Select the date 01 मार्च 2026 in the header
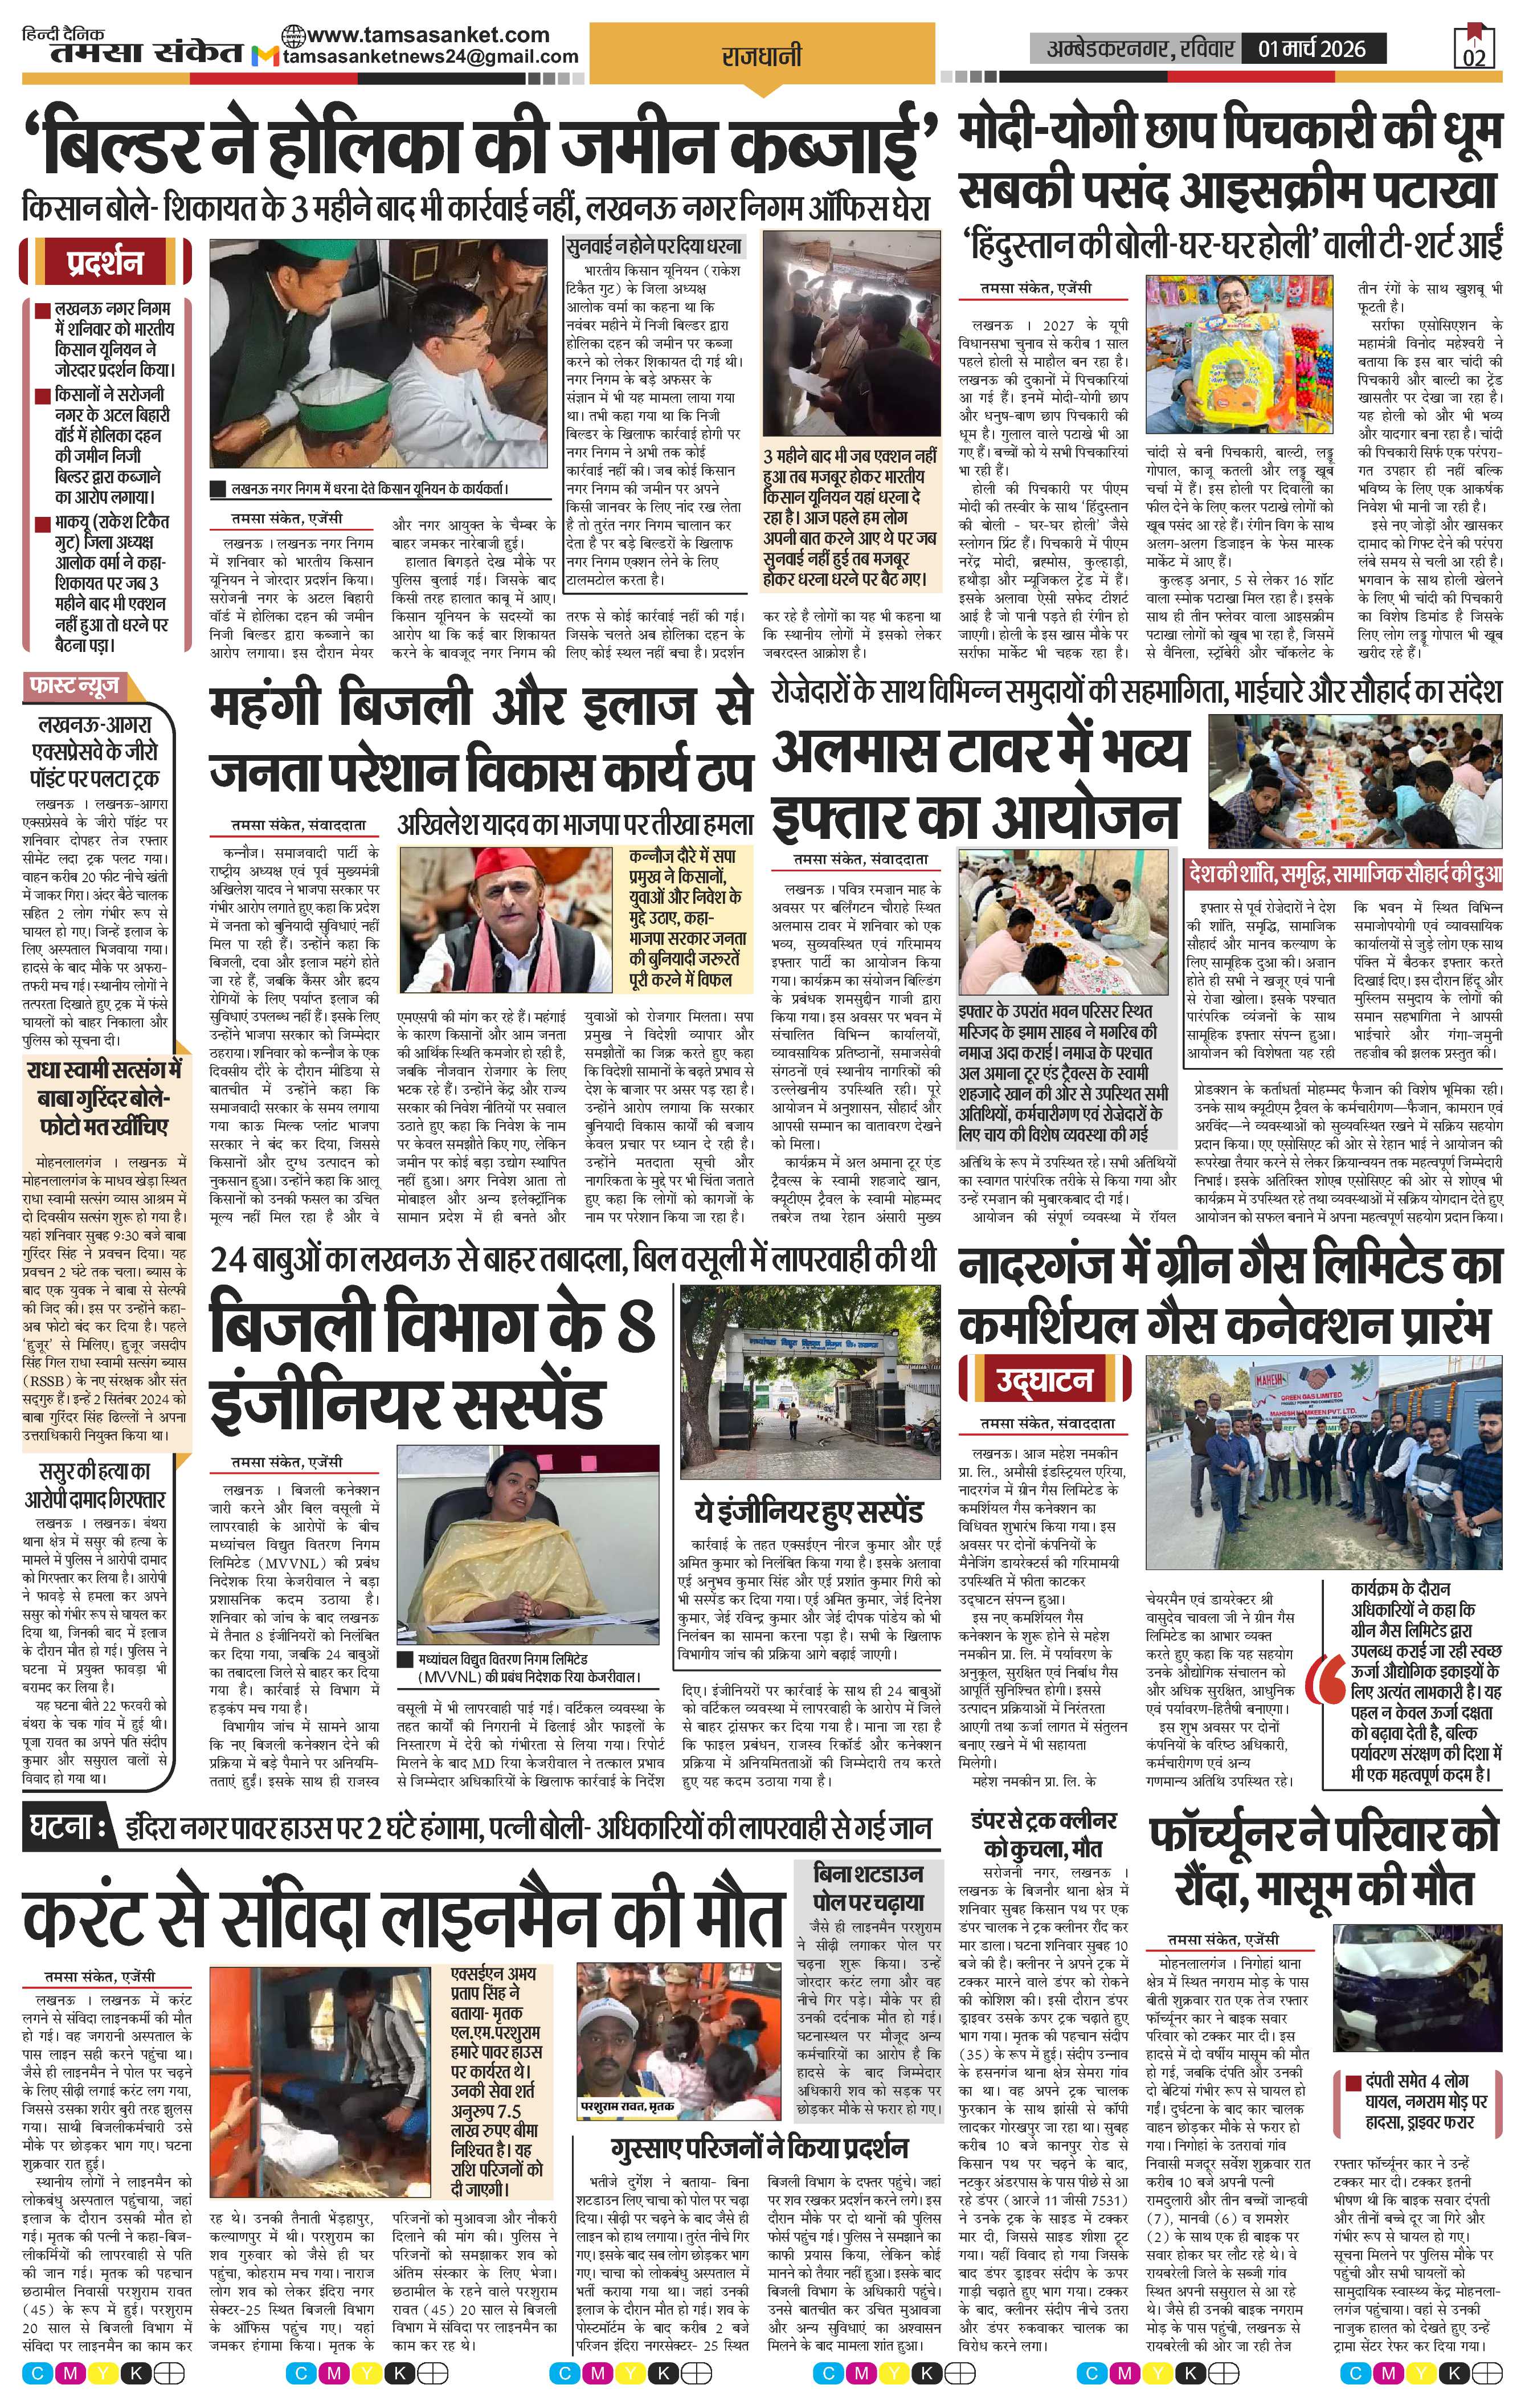pyautogui.click(x=1312, y=48)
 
